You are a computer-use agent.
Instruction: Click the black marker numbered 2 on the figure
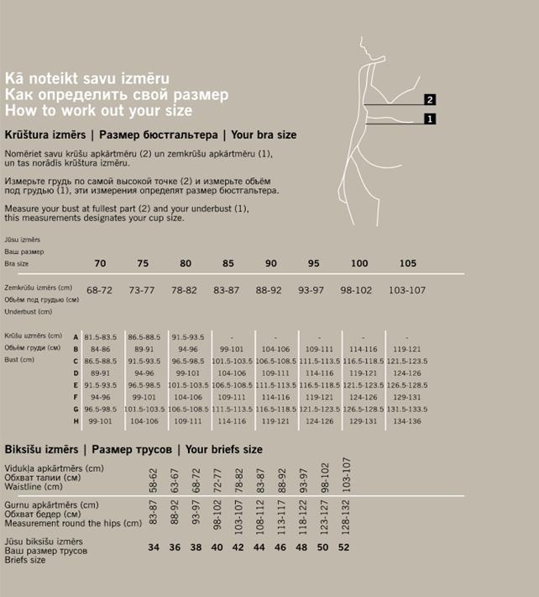(x=430, y=100)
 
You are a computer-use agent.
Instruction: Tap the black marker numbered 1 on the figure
(x=430, y=119)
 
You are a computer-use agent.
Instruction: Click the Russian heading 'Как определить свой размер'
(x=117, y=95)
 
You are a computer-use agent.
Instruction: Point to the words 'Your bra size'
(x=264, y=135)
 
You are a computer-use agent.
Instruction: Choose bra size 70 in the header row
(x=100, y=263)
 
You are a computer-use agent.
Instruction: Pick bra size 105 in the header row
(x=407, y=263)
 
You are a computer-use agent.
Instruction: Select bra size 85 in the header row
(x=228, y=263)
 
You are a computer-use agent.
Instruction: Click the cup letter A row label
(x=76, y=336)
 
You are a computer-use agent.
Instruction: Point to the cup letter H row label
(x=76, y=420)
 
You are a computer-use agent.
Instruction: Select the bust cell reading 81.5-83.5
(x=100, y=336)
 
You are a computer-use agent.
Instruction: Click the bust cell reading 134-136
(x=407, y=420)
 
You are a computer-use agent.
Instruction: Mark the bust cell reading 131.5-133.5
(x=407, y=409)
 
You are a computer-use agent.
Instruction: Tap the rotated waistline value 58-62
(x=154, y=479)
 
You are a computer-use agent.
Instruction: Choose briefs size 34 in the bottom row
(x=154, y=547)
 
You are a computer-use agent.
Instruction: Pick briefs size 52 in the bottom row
(x=344, y=547)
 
